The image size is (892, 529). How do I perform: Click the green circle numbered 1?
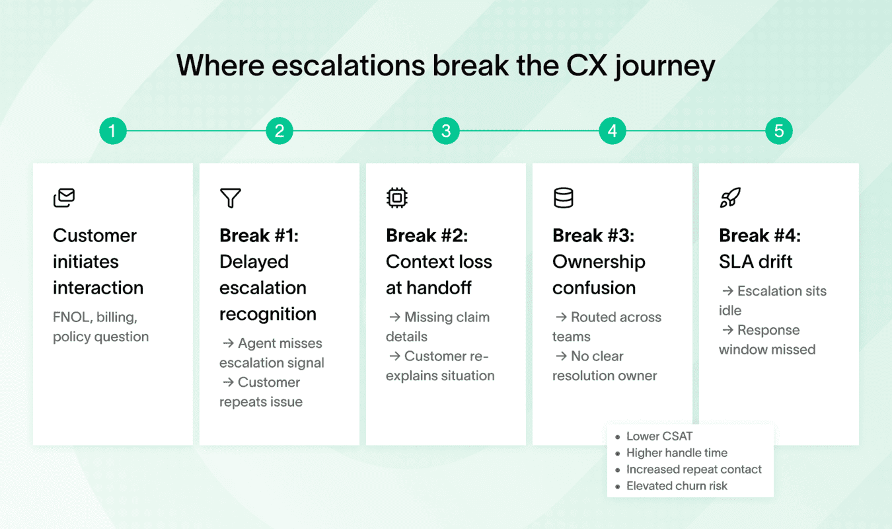coord(112,131)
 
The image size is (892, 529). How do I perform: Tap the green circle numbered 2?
coord(279,131)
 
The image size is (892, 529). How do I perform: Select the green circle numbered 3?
coord(446,131)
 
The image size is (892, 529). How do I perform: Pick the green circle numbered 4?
coord(613,131)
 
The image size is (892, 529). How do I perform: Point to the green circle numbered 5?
coord(779,131)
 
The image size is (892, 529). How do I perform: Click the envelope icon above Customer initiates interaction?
coord(64,198)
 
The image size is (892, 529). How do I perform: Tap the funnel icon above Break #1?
coord(231,198)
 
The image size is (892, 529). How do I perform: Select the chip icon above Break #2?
coord(397,198)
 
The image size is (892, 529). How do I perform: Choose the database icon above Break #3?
coord(564,198)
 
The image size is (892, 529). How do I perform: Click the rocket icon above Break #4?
coord(730,198)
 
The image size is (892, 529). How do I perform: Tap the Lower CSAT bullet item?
coord(659,436)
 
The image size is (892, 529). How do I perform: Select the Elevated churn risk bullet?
coord(676,486)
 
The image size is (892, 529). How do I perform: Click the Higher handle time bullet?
coord(676,453)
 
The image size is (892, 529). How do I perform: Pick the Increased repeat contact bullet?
coord(693,469)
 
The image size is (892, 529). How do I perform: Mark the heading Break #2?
coord(427,235)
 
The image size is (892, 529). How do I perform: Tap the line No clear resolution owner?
coord(605,366)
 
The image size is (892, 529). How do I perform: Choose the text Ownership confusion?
coord(599,275)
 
